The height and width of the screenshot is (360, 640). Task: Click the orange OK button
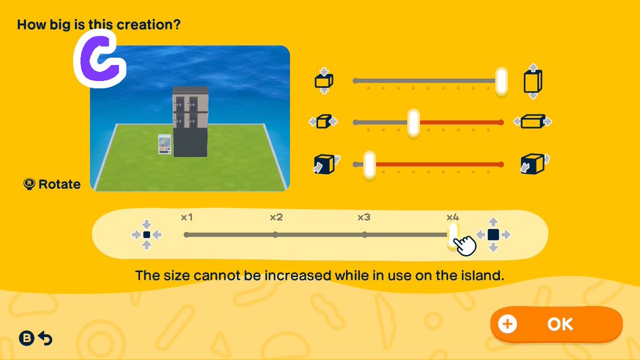(556, 324)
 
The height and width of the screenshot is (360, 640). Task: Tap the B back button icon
(27, 338)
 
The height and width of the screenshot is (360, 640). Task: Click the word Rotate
(59, 185)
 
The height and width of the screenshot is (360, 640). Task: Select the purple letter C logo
(100, 59)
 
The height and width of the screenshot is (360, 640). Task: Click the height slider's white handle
(501, 81)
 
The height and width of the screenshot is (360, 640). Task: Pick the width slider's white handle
(413, 123)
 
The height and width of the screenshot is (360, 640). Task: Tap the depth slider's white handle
(370, 164)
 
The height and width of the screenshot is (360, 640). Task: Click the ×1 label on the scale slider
(187, 218)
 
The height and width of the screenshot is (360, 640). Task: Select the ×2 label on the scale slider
(276, 218)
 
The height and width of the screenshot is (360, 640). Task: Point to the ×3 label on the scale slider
(364, 218)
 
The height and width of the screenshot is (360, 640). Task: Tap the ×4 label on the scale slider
(453, 218)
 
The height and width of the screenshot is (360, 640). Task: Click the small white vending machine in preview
(165, 145)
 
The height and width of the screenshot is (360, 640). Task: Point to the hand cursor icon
(465, 245)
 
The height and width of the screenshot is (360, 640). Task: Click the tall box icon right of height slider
(533, 82)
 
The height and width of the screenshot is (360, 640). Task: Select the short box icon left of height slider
(324, 81)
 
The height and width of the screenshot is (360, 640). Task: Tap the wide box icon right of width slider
(533, 122)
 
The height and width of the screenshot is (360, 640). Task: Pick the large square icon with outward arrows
(493, 235)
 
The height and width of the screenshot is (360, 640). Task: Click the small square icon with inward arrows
(147, 235)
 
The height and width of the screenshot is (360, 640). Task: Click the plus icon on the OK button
(507, 324)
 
